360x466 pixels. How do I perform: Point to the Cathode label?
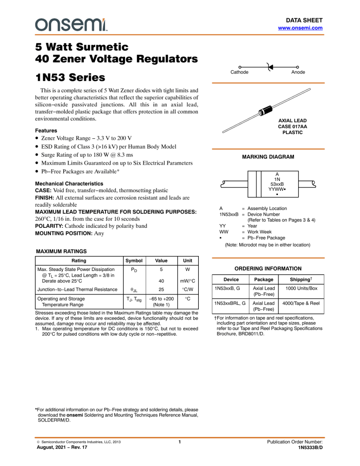(x=239, y=73)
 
